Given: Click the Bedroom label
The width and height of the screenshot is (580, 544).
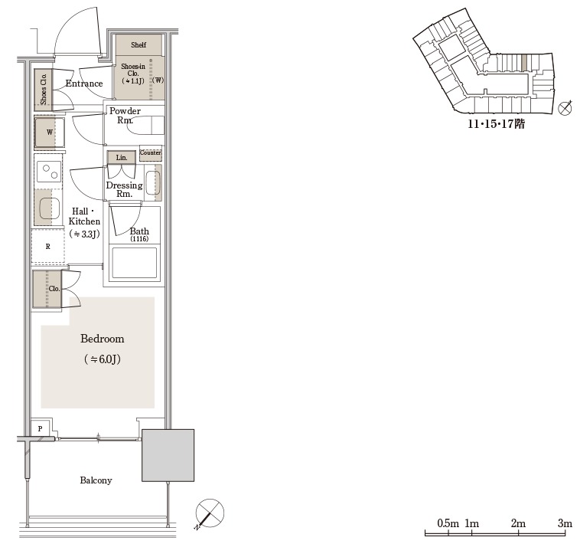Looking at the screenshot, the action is (x=102, y=339).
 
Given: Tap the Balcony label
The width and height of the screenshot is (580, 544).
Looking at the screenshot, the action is (x=96, y=480).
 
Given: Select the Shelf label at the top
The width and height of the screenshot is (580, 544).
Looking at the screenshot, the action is (x=138, y=44).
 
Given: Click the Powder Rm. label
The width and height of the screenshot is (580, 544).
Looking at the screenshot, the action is (x=125, y=115).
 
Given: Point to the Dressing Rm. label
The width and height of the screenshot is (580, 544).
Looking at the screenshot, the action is (x=124, y=189).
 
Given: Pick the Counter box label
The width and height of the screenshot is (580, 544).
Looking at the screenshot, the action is (x=151, y=152).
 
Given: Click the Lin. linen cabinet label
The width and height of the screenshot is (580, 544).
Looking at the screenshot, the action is (x=122, y=157).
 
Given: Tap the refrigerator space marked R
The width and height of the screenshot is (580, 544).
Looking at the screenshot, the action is (x=47, y=246).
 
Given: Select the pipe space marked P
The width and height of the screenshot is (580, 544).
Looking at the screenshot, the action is (x=41, y=428).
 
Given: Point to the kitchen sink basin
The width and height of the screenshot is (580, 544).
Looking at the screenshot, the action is (x=49, y=208).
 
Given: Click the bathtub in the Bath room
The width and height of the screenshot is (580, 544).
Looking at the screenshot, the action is (x=134, y=264).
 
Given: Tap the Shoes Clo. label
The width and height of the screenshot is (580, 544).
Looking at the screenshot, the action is (x=44, y=89).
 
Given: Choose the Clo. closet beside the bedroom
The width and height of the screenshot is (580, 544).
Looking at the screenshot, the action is (x=47, y=289).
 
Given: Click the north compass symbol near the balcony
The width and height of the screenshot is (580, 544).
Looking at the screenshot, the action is (x=210, y=513).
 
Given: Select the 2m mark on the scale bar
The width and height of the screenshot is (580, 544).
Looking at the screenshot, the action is (x=519, y=523).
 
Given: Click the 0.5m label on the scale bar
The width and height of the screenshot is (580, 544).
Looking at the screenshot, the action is (x=448, y=523).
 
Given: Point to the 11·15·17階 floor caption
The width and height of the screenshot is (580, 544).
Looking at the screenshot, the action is (x=496, y=123).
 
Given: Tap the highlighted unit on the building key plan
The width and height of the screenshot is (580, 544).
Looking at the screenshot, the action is (x=524, y=61).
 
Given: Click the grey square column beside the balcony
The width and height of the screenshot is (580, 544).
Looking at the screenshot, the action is (x=168, y=455).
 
